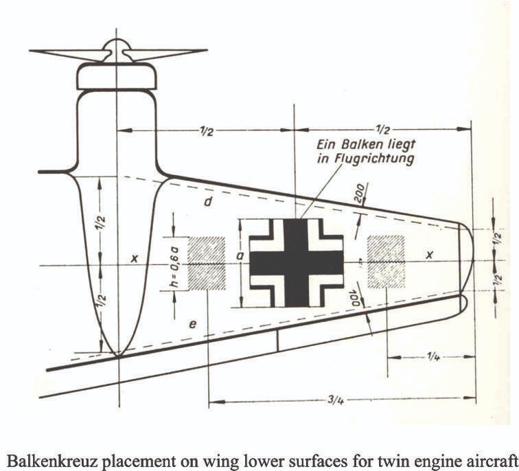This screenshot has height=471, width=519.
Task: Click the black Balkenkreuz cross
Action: tap(296, 262)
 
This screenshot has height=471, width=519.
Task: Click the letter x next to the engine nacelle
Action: tap(135, 258)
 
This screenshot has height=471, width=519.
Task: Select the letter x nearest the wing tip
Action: tap(430, 254)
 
